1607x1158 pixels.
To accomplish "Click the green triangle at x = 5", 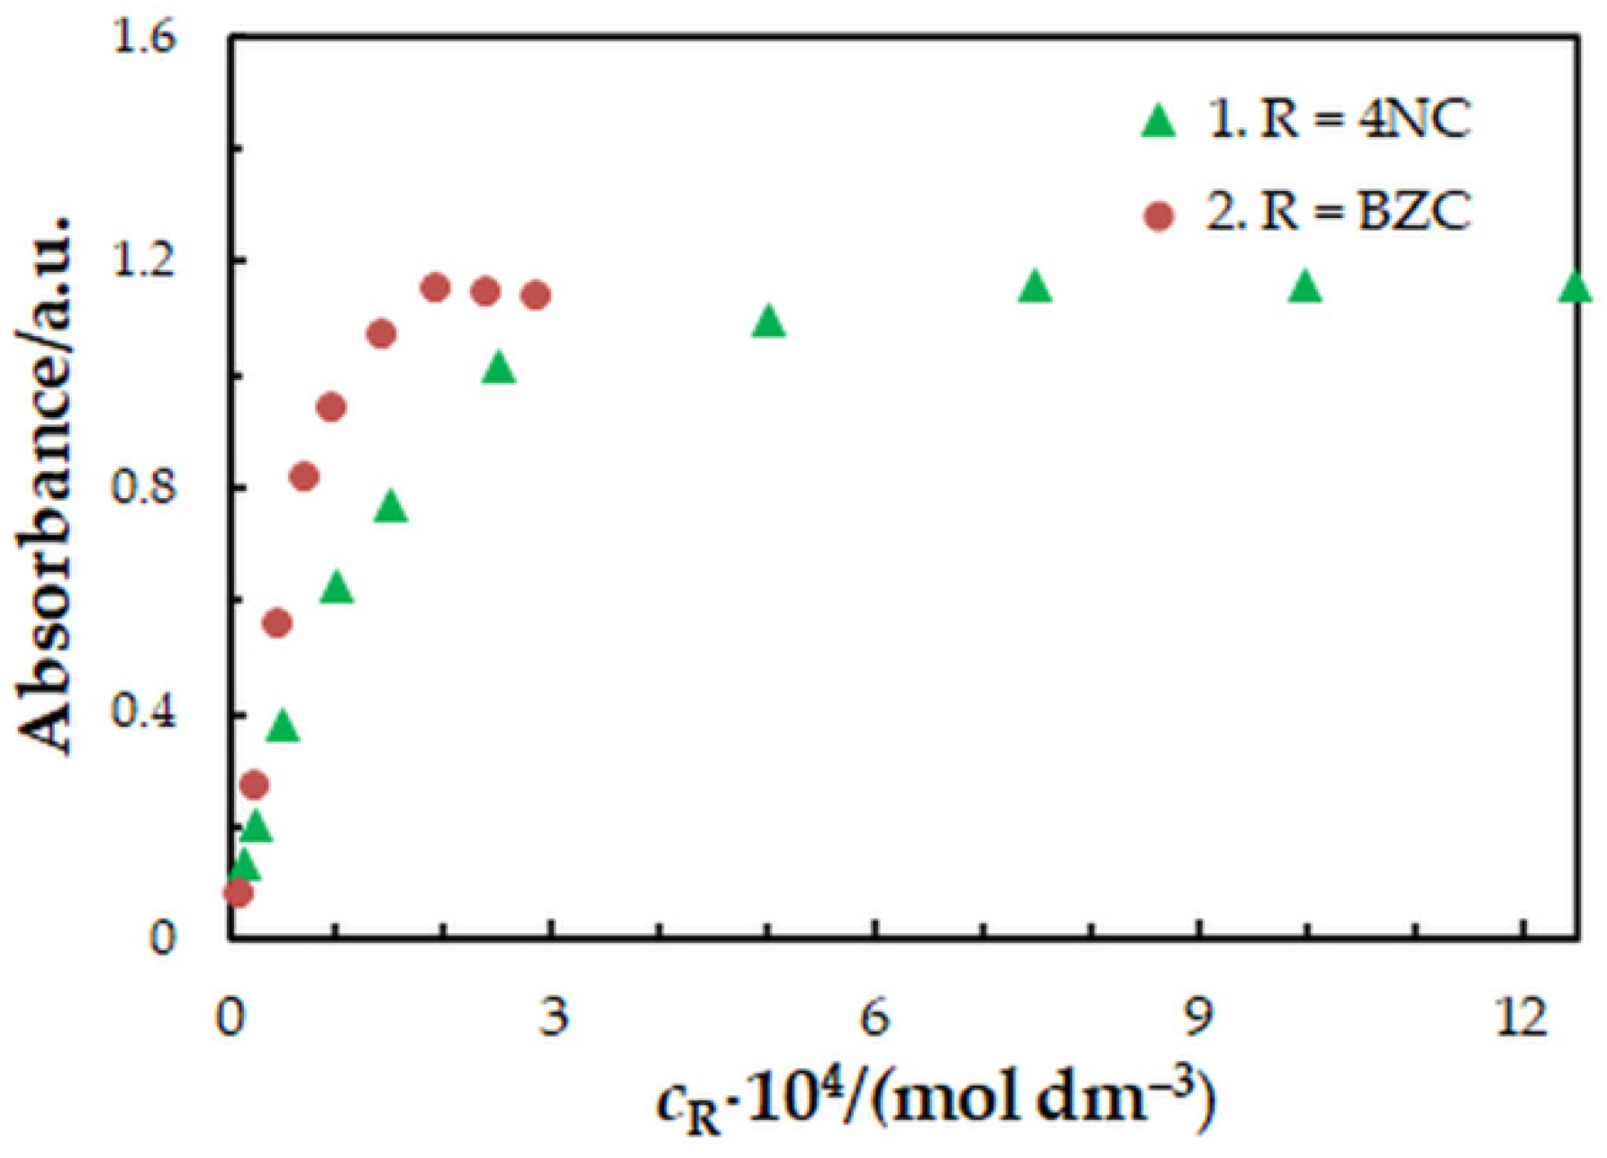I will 768,321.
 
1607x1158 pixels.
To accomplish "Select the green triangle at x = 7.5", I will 1035,287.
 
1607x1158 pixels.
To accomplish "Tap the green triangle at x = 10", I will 1305,287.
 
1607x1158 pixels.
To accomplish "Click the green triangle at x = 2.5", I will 498,367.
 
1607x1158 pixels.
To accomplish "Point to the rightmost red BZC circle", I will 535,295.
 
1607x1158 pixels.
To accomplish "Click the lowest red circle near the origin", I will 239,892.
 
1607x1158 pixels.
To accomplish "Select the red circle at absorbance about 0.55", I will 277,623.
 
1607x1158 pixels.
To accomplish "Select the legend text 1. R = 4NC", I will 1339,119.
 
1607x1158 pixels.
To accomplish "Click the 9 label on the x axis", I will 1198,1018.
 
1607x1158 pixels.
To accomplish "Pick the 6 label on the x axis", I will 875,1018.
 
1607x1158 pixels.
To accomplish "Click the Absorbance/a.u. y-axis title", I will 45,486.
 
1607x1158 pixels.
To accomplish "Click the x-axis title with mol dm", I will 937,1100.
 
